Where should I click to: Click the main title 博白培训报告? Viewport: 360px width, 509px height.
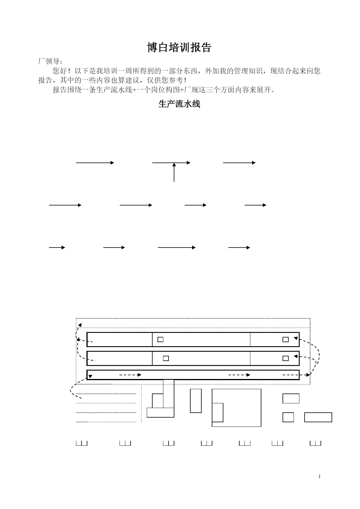pos(179,48)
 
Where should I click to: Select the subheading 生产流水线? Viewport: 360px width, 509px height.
pos(179,104)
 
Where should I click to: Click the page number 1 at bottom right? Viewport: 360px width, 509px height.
pos(319,476)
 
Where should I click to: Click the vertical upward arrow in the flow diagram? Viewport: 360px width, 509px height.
pos(174,172)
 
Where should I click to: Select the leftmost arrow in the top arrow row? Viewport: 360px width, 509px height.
pos(95,163)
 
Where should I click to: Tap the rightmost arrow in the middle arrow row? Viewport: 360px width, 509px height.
pos(256,205)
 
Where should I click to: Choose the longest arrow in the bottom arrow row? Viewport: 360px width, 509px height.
pos(177,248)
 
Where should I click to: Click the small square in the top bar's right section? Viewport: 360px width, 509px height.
pos(286,340)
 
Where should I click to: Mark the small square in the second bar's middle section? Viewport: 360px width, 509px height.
pos(166,358)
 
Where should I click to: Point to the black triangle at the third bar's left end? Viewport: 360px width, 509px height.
pos(90,376)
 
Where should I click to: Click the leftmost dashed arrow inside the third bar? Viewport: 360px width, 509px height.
pos(131,375)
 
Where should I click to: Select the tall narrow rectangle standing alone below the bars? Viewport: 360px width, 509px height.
pos(196,401)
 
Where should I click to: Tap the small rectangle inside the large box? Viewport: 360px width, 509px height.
pos(218,413)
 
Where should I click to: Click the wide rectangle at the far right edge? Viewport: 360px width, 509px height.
pos(318,417)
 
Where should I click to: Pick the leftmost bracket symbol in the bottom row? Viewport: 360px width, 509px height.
pos(82,443)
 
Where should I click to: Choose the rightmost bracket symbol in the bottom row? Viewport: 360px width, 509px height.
pos(316,443)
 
